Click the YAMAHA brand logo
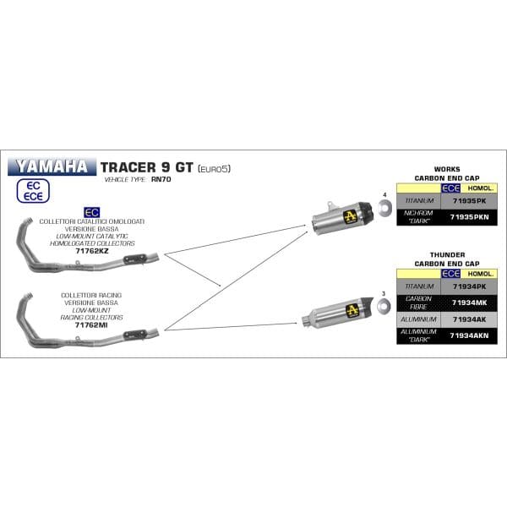[52, 166]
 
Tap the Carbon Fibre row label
[420, 303]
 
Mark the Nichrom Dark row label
[420, 217]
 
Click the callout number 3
[384, 293]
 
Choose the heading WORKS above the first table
[446, 169]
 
